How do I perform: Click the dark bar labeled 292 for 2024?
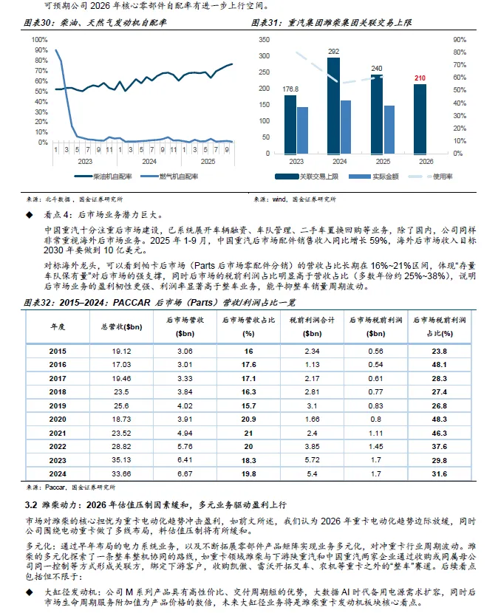pos(333,106)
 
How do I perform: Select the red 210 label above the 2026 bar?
pos(420,77)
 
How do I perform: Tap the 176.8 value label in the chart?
pos(291,89)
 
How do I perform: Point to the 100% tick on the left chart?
pos(40,39)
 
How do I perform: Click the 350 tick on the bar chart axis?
pos(264,38)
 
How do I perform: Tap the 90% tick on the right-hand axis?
pos(457,38)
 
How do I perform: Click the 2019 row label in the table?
pos(57,406)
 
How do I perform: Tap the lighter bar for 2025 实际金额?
pos(389,130)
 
